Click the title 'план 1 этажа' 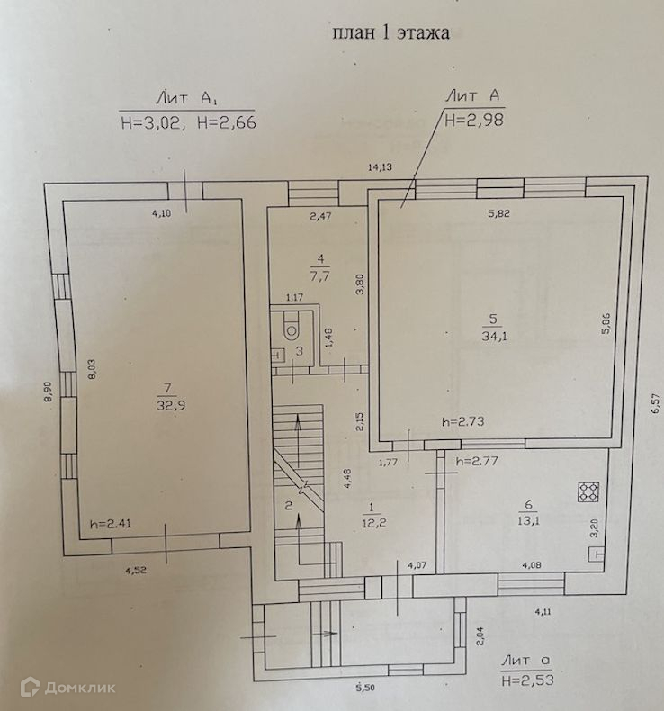390,34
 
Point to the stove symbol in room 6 588,492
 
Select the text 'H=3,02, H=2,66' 188,122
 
